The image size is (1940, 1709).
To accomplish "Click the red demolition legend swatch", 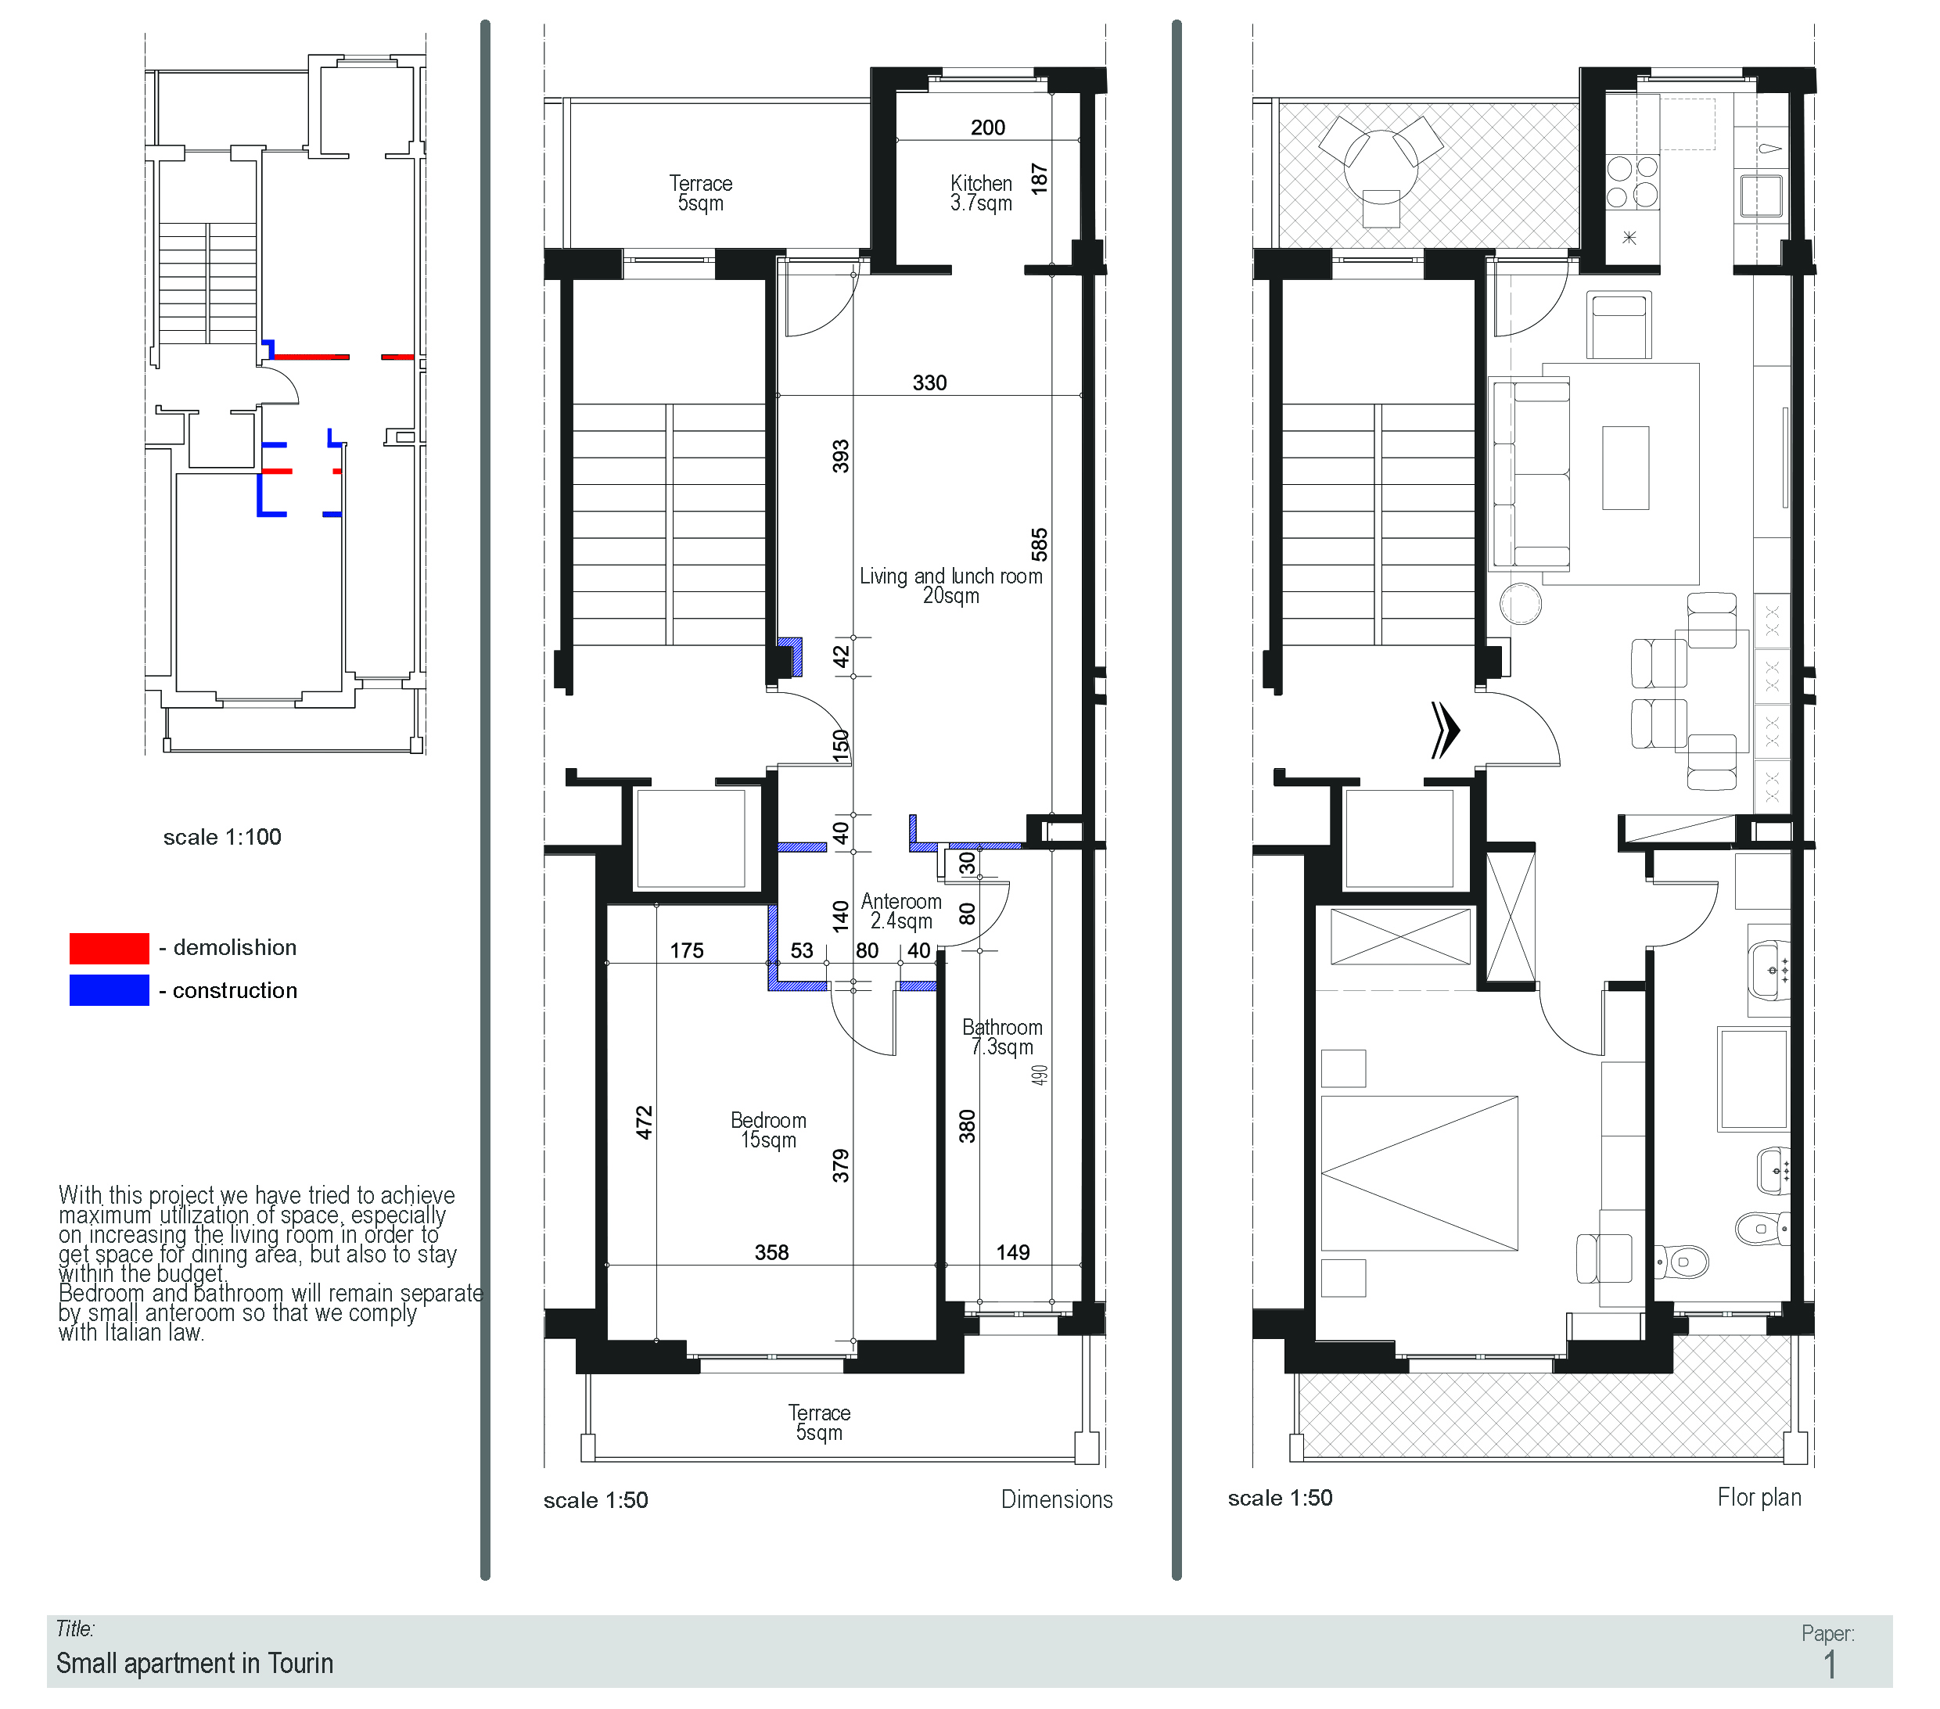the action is pyautogui.click(x=110, y=948).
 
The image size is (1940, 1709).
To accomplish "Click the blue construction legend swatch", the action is pyautogui.click(x=110, y=989).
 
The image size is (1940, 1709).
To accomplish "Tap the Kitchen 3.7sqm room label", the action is pyautogui.click(x=982, y=192).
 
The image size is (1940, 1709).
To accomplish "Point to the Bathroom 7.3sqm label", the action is pyautogui.click(x=1002, y=1036).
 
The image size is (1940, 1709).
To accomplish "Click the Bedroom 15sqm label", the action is pyautogui.click(x=768, y=1129).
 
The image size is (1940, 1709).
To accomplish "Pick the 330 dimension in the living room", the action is pyautogui.click(x=929, y=382).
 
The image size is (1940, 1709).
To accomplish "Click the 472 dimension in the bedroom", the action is pyautogui.click(x=644, y=1122).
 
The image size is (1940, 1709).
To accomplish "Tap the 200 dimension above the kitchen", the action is pyautogui.click(x=987, y=127).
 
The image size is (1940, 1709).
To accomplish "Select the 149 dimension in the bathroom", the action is pyautogui.click(x=1013, y=1251).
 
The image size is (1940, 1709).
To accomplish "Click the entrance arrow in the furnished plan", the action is pyautogui.click(x=1445, y=730).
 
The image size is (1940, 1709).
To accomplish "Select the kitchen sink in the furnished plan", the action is pyautogui.click(x=1762, y=196).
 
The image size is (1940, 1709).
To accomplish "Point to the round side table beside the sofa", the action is pyautogui.click(x=1521, y=604).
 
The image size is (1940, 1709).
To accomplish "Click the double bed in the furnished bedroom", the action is pyautogui.click(x=1419, y=1173).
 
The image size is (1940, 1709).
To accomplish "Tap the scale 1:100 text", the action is pyautogui.click(x=222, y=837).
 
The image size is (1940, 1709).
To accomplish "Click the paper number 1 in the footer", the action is pyautogui.click(x=1830, y=1664).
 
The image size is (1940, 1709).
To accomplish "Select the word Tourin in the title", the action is pyautogui.click(x=300, y=1663).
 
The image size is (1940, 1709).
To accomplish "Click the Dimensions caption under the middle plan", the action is pyautogui.click(x=1056, y=1499).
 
